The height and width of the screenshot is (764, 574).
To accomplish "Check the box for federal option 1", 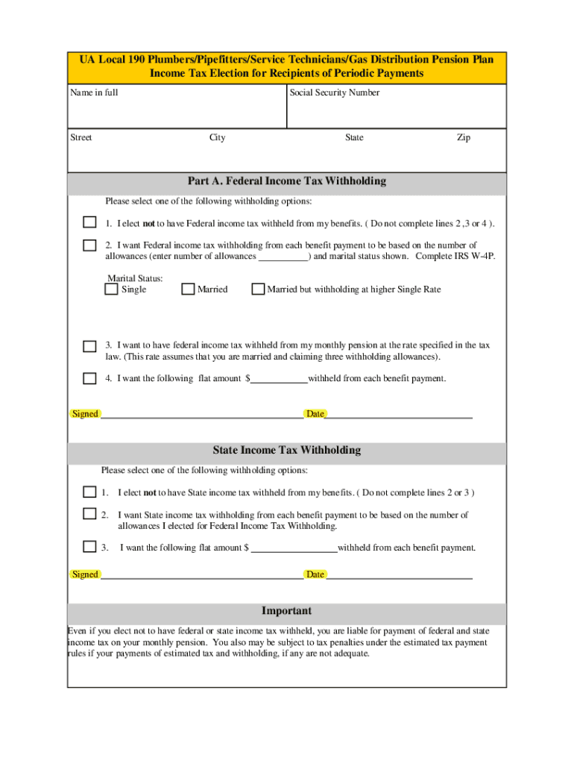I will [x=89, y=222].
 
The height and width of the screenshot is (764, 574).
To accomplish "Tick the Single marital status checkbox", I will [x=111, y=289].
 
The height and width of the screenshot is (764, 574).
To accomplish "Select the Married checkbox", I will [x=188, y=289].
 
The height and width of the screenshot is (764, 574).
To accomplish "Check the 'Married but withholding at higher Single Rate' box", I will [x=258, y=289].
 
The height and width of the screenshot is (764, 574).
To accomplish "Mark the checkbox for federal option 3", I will [x=89, y=346].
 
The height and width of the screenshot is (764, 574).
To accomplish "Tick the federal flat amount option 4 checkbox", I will [x=89, y=378].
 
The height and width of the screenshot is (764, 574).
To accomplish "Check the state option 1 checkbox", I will [x=89, y=492].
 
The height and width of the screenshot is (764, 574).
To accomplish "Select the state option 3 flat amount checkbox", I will [x=89, y=546].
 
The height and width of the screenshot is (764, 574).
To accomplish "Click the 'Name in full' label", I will [x=94, y=93].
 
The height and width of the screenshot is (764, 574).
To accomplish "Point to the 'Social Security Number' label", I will [x=335, y=93].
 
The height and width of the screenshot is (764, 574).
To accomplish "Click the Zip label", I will [x=464, y=137].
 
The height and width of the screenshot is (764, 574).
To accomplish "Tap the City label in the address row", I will [x=218, y=137].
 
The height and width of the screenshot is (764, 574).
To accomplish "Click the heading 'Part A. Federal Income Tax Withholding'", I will [x=287, y=181].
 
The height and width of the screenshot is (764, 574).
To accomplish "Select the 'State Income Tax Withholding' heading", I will [x=287, y=451].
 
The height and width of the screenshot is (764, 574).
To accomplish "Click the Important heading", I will [x=287, y=611].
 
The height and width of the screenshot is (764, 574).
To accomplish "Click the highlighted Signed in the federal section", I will [x=85, y=414].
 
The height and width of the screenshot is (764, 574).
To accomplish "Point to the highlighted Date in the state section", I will [x=315, y=574].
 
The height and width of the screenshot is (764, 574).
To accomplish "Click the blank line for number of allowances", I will [x=283, y=257].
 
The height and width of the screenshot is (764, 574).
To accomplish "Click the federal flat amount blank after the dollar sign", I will [x=278, y=379].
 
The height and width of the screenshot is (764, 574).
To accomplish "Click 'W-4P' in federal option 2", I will [x=482, y=257].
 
